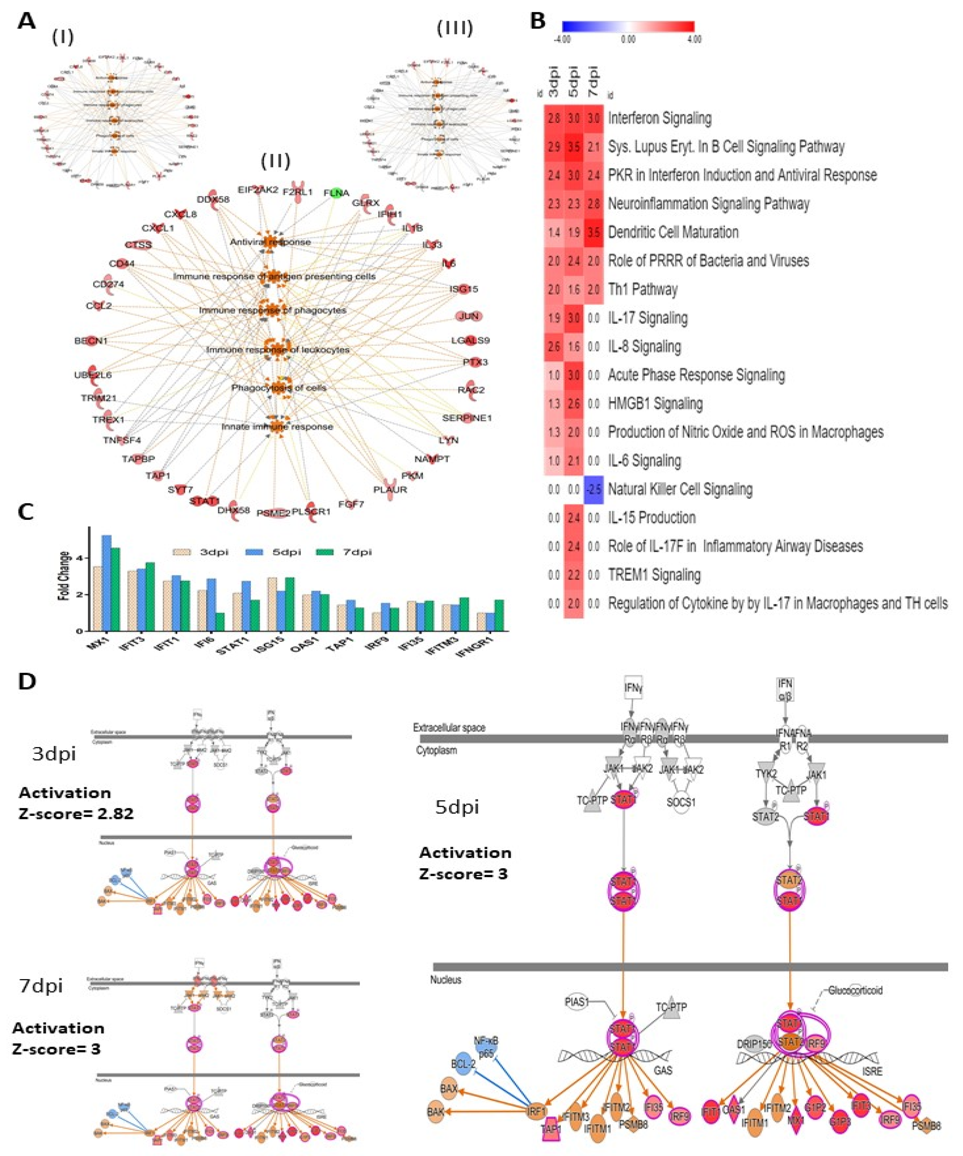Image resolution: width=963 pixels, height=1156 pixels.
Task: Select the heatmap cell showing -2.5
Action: coord(594,489)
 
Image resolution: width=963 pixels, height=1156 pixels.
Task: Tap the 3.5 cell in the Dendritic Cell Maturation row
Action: coord(594,232)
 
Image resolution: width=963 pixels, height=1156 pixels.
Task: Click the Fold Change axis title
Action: coord(65,575)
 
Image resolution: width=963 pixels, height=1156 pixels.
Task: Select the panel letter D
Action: coord(27,682)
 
